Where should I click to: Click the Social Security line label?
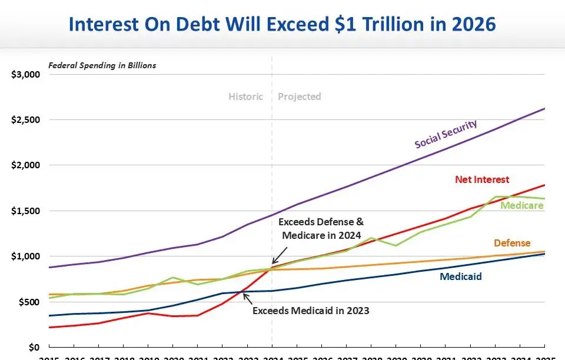point(446,134)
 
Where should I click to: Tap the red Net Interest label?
point(482,179)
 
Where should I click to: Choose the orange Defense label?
point(512,243)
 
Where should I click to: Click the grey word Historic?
point(245,96)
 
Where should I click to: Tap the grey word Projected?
point(300,96)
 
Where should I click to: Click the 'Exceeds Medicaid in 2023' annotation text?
point(311,310)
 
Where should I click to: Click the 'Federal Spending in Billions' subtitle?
point(102,65)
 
